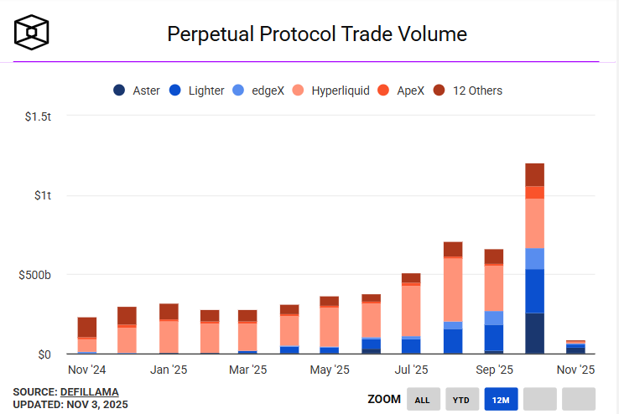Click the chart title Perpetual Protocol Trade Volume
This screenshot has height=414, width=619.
[317, 34]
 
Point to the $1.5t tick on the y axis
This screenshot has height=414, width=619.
[39, 116]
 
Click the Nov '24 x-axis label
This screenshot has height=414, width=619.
[87, 370]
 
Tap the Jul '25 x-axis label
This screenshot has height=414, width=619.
[411, 370]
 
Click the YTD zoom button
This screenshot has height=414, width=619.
[461, 400]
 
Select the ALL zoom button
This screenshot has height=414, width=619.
[422, 400]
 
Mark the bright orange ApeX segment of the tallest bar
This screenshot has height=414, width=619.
[534, 192]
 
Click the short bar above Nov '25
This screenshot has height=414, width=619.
[575, 347]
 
